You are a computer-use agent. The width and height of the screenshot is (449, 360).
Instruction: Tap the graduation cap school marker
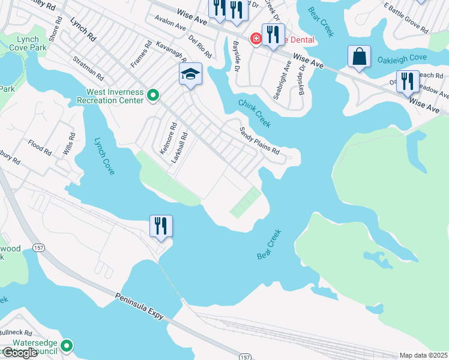click(x=191, y=74)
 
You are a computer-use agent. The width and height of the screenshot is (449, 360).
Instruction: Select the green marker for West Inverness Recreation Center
click(x=153, y=95)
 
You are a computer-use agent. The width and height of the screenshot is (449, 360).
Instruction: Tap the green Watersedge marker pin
click(x=68, y=346)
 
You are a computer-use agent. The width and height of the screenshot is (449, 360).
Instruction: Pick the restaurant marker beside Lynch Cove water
click(x=161, y=226)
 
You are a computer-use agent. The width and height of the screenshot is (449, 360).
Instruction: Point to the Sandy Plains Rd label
click(x=259, y=141)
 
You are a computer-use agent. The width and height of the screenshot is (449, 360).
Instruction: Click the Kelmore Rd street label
click(x=167, y=139)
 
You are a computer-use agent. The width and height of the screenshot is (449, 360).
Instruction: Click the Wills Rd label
click(x=70, y=144)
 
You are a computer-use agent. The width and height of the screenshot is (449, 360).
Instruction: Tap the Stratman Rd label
click(x=88, y=68)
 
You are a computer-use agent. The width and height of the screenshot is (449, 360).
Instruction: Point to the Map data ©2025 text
click(x=423, y=355)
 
